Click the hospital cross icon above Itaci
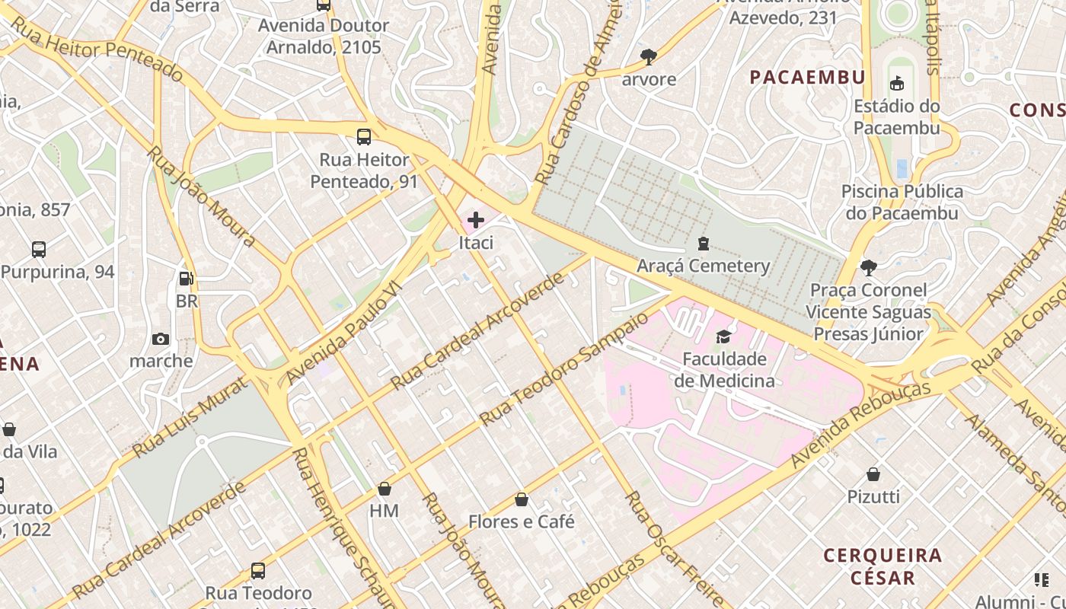pyautogui.click(x=476, y=221)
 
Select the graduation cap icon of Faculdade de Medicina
pyautogui.click(x=723, y=336)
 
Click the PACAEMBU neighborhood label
pyautogui.click(x=808, y=77)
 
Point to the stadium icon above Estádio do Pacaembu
pyautogui.click(x=897, y=83)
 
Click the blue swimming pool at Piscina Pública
pyautogui.click(x=902, y=168)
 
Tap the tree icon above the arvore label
pyautogui.click(x=649, y=56)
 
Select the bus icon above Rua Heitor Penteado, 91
pyautogui.click(x=364, y=138)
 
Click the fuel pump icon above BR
pyautogui.click(x=186, y=279)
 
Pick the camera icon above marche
pyautogui.click(x=161, y=339)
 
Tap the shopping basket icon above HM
pyautogui.click(x=385, y=489)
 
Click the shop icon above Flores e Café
pyautogui.click(x=522, y=500)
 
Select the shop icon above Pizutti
pyautogui.click(x=873, y=475)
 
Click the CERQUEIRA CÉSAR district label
pyautogui.click(x=883, y=566)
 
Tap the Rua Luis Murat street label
pyautogui.click(x=190, y=418)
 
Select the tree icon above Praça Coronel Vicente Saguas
pyautogui.click(x=868, y=267)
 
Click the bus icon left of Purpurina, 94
pyautogui.click(x=39, y=249)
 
